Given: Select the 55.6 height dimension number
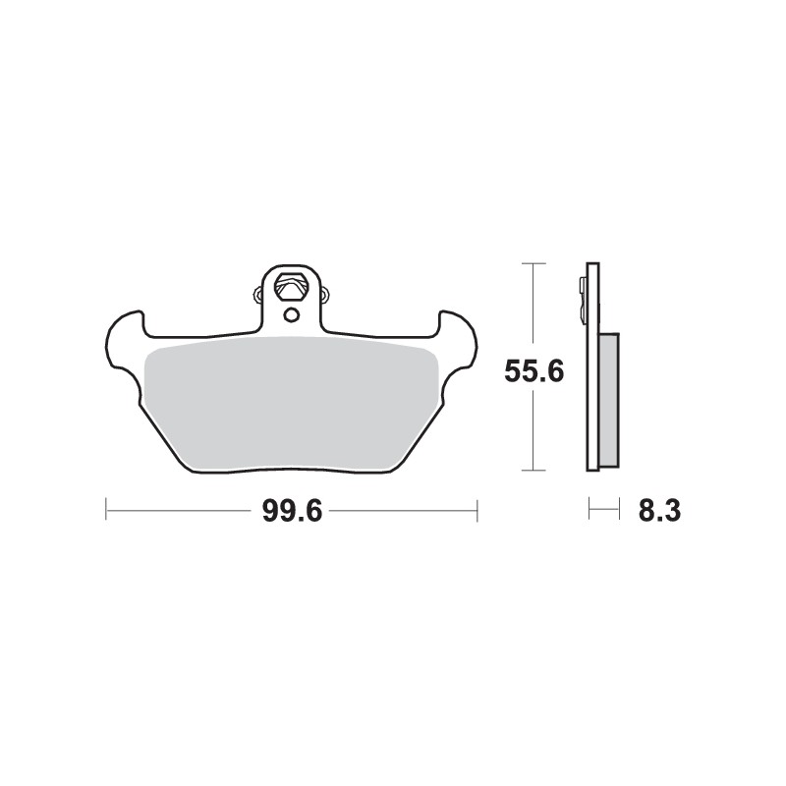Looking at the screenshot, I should click(x=533, y=372).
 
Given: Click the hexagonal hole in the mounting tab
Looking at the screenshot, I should click(x=291, y=288).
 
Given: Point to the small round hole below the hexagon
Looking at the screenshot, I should click(x=291, y=314).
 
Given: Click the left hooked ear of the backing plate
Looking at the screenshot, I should click(x=125, y=334).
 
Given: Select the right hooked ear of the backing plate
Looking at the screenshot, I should click(x=458, y=334).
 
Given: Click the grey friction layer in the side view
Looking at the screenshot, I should click(x=608, y=398).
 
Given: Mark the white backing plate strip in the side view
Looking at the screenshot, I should click(x=591, y=393).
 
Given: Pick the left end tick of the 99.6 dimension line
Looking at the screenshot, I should click(x=106, y=510).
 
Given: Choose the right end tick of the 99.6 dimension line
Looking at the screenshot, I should click(x=477, y=510).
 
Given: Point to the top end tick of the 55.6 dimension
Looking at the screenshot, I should click(x=532, y=264).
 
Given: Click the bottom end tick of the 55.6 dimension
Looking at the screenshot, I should click(x=532, y=471).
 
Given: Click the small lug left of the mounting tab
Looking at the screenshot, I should click(x=258, y=292).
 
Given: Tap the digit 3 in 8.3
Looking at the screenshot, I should click(x=673, y=512).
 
